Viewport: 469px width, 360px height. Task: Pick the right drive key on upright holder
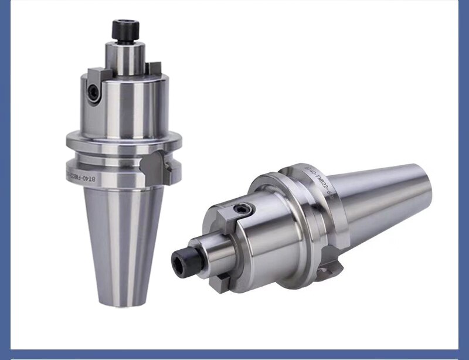154,69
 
